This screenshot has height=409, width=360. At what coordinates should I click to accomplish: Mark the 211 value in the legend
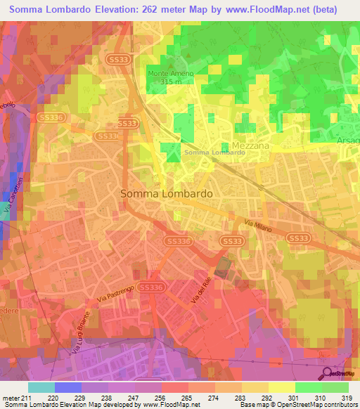tap(26, 398)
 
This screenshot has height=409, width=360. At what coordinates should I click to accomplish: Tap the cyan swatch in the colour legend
tap(41, 387)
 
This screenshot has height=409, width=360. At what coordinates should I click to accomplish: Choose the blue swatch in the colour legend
tap(67, 387)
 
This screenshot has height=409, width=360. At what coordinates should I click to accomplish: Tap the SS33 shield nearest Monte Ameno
tap(117, 62)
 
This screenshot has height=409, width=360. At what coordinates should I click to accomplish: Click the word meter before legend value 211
tap(11, 398)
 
